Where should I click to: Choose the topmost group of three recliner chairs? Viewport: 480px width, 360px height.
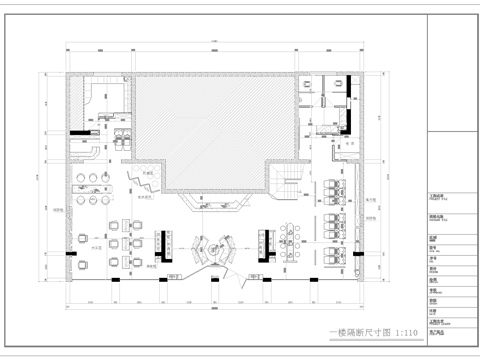point(332,187)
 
